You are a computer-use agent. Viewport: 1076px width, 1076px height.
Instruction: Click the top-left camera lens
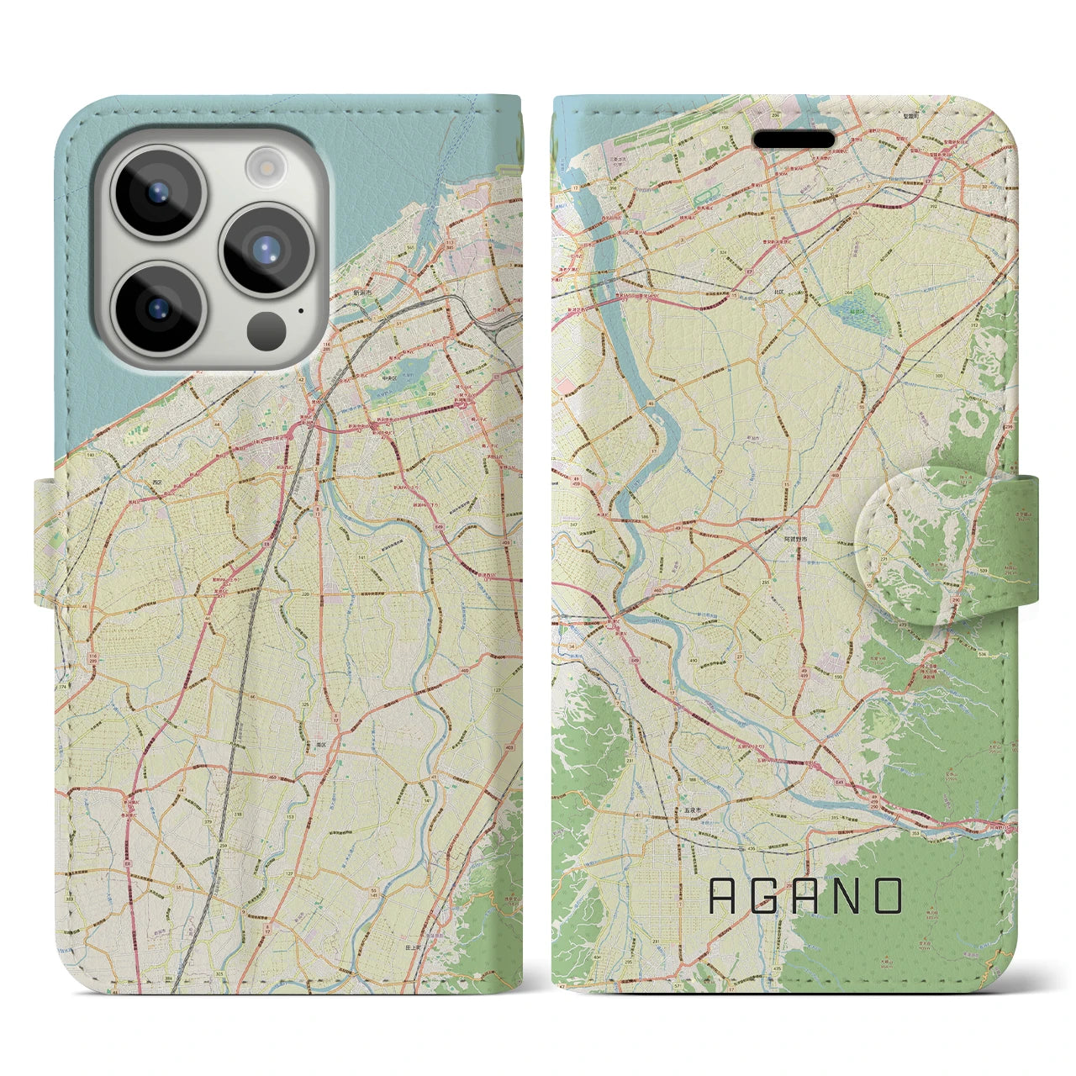click(x=159, y=193)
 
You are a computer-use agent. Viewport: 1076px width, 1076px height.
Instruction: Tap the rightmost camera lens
click(x=266, y=250)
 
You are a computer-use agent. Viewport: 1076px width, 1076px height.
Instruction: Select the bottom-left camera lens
click(x=159, y=307)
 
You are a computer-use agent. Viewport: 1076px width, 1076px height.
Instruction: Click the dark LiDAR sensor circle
click(x=267, y=329)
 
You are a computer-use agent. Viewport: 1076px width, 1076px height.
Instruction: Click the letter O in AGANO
click(x=888, y=896)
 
